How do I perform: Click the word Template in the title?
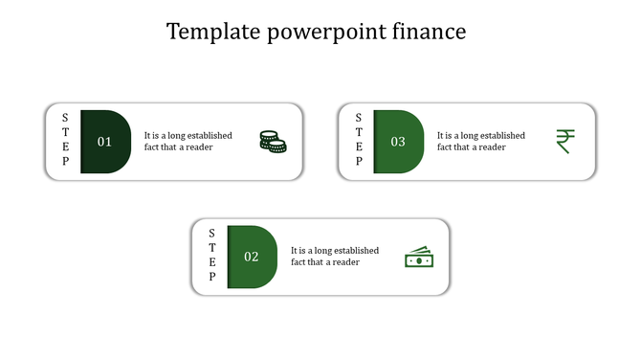coord(207,33)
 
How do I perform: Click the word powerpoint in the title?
coord(320,33)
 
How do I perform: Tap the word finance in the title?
coord(430,33)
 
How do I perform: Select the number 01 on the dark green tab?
coord(104,142)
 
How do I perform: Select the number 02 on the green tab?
coord(252,257)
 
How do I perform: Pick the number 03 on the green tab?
coord(398,142)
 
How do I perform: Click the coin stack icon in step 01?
coord(273,142)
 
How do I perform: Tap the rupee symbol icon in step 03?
coord(564,142)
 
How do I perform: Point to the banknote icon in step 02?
coord(418,258)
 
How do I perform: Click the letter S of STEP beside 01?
coord(65,118)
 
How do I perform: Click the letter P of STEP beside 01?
coord(65,162)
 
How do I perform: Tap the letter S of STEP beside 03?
coord(359,118)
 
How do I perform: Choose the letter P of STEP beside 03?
coord(359,162)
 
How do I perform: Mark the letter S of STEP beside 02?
coord(212,233)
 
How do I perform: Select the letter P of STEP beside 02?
coord(212,278)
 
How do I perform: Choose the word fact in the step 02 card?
coord(300,262)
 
